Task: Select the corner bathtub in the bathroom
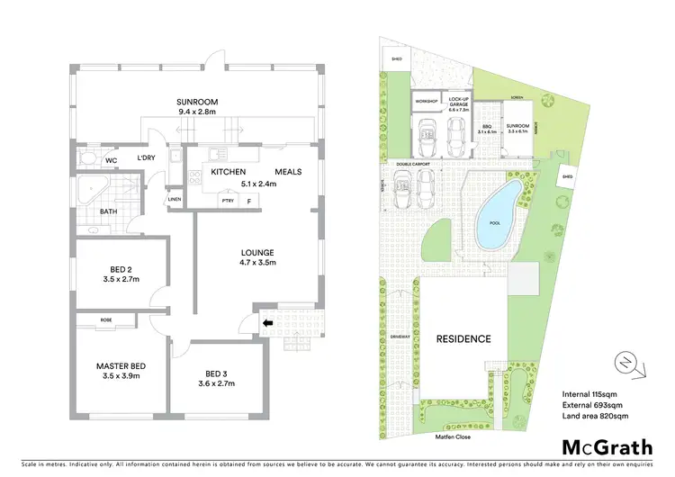[89, 192]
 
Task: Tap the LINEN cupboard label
[175, 199]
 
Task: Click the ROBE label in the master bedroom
[106, 319]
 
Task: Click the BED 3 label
[219, 373]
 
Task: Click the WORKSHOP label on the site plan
[427, 103]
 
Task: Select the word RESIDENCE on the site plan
[464, 338]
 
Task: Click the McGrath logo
[607, 446]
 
